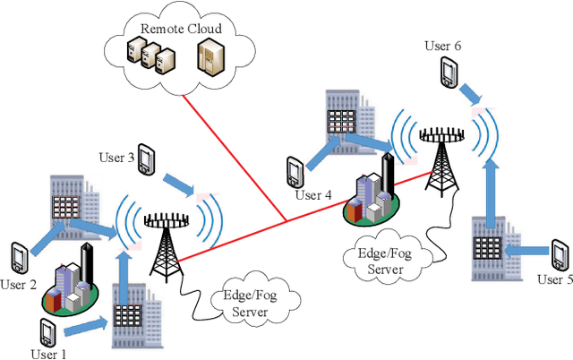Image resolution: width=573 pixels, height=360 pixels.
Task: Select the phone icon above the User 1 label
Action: pyautogui.click(x=49, y=330)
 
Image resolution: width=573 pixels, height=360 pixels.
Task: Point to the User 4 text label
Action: pyautogui.click(x=314, y=194)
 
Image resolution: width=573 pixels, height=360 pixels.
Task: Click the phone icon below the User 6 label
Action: pyautogui.click(x=447, y=72)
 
